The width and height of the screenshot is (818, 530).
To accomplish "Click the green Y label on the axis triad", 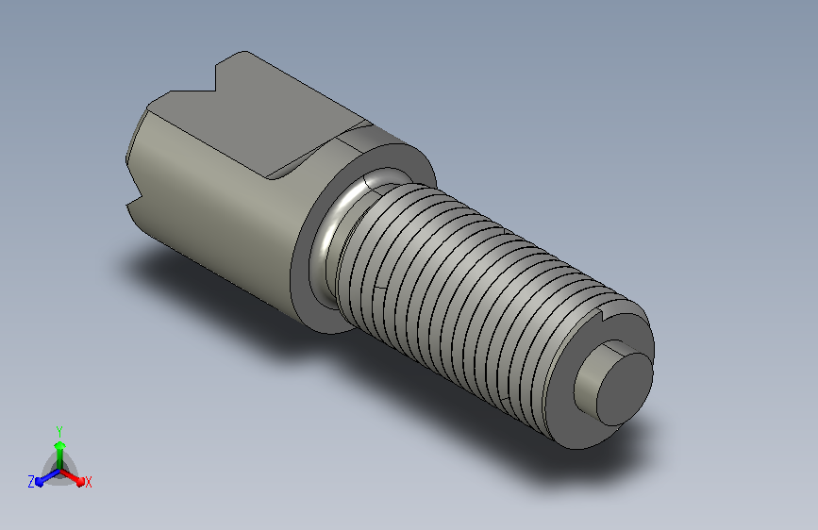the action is pos(59,431).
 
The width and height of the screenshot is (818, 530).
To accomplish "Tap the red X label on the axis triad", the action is pos(88,482).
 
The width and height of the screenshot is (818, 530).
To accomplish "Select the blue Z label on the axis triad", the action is pos(31,482).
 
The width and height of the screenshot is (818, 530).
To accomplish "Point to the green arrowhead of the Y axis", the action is pos(59,445).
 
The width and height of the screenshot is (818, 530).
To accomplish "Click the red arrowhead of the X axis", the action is pos(80,481).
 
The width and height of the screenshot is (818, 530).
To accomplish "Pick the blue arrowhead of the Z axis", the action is pos(39,482).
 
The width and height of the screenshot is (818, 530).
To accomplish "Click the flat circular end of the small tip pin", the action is pos(625,389).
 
